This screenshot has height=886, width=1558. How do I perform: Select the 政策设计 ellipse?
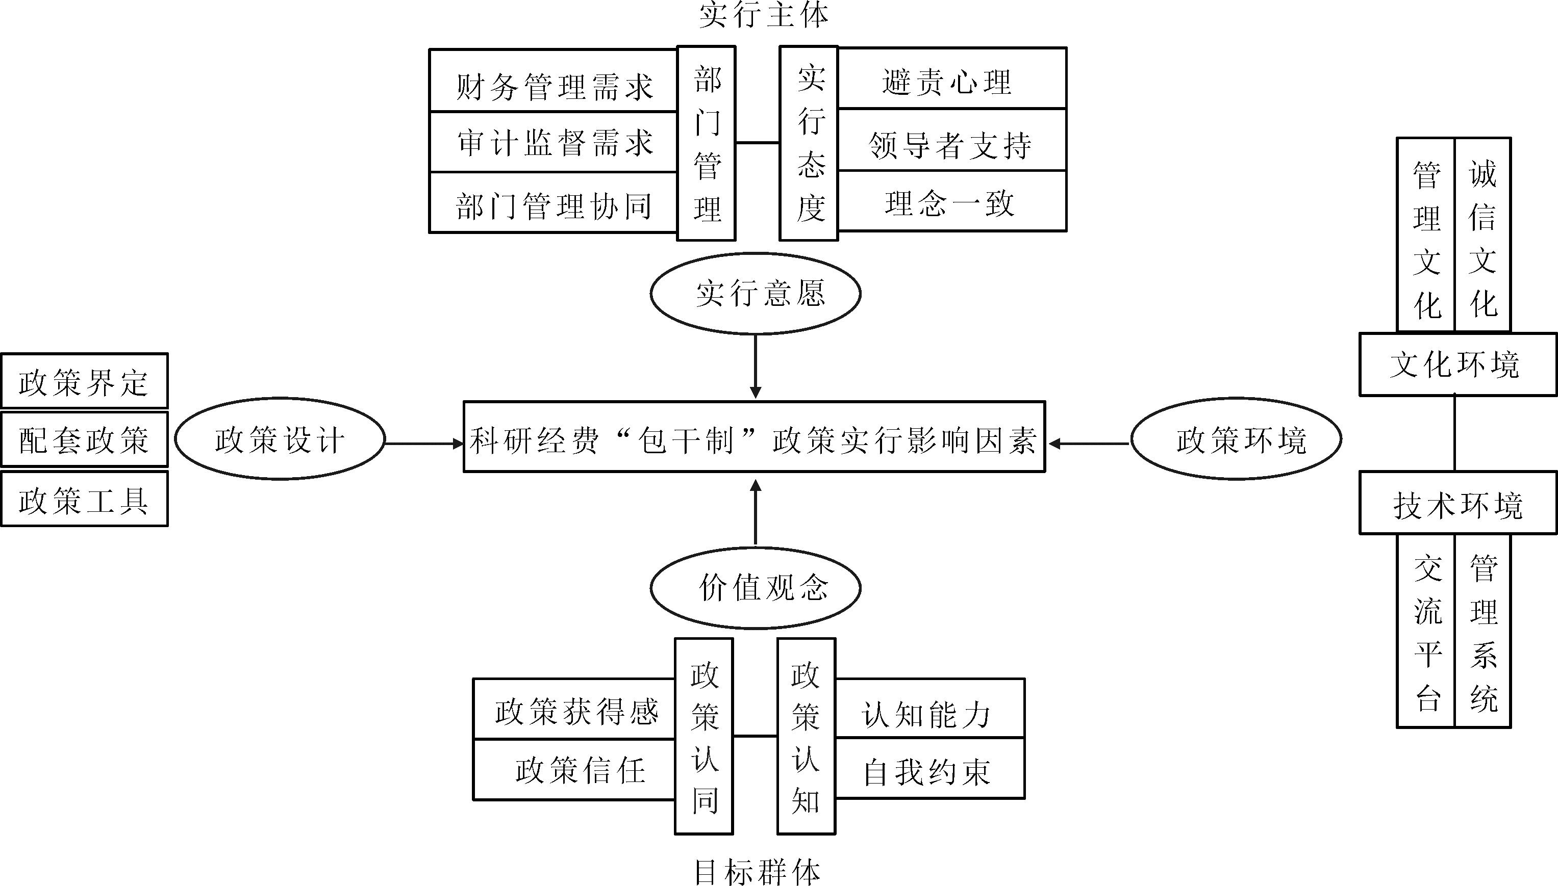[x=280, y=439]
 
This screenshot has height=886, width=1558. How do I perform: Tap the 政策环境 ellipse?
[x=1236, y=439]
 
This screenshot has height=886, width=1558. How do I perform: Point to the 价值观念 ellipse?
[x=756, y=588]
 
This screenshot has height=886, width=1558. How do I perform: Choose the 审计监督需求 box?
[x=554, y=142]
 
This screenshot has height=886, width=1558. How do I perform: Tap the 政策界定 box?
[x=85, y=381]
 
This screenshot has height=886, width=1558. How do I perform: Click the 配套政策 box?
[x=85, y=440]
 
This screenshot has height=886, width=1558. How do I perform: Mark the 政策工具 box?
[x=85, y=499]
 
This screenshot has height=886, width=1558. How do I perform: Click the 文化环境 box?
[x=1458, y=364]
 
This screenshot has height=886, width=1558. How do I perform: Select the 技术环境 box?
[x=1458, y=503]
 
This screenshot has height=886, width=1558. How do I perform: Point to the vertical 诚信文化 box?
[x=1482, y=236]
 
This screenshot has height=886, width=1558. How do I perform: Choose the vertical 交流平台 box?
[x=1426, y=631]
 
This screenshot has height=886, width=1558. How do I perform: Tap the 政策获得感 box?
[x=574, y=710]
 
